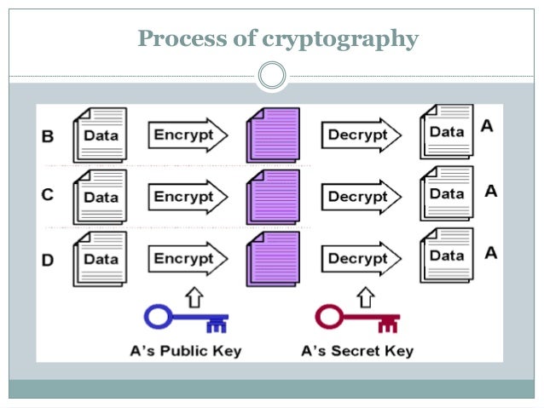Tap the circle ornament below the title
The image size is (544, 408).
[271, 76]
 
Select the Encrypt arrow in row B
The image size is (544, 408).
[188, 135]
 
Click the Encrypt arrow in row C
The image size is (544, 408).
[188, 197]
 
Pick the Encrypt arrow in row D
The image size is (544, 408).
[188, 257]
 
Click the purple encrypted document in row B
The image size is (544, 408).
[273, 135]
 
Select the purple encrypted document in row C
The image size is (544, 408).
[273, 197]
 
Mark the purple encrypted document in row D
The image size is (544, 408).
[273, 258]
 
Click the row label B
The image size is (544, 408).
[48, 135]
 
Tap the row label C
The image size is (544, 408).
[48, 195]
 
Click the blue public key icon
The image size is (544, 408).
[188, 319]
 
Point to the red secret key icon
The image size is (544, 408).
[356, 319]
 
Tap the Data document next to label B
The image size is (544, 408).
[99, 135]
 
